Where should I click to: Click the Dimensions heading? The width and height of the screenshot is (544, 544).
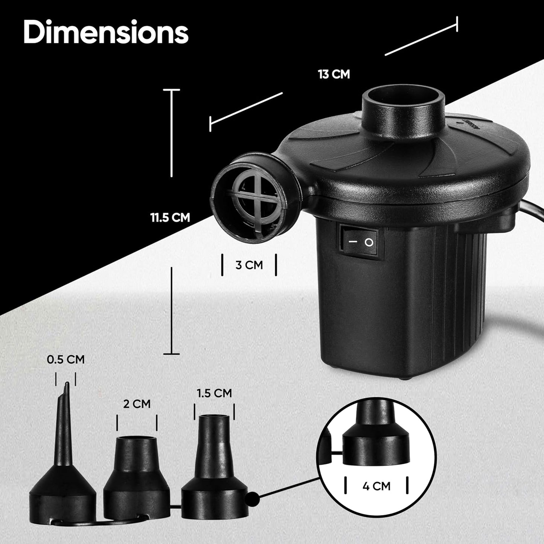pos(106,33)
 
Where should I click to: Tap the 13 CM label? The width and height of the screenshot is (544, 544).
pos(334,74)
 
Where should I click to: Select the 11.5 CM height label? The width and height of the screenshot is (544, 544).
pos(170,217)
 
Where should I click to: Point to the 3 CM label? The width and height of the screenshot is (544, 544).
pos(249,265)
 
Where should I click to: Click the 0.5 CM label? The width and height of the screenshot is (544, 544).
pos(66,360)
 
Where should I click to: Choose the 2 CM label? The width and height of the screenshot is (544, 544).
pos(137,404)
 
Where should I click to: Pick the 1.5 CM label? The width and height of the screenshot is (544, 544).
pos(214,393)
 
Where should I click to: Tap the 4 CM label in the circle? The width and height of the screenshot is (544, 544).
pos(376,486)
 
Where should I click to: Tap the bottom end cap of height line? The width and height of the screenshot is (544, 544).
pos(171,354)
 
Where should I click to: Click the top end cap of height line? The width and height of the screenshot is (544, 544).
pos(171,90)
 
